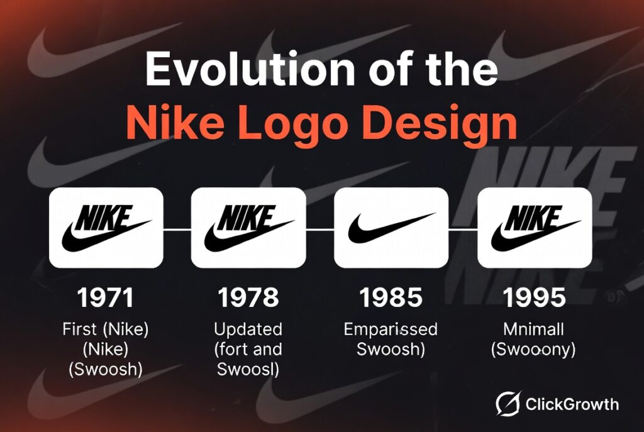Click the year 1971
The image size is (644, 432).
tap(106, 297)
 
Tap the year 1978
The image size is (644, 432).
tap(248, 297)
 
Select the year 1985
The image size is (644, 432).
tap(391, 297)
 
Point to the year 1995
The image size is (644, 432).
tap(534, 297)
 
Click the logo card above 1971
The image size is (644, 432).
tap(106, 228)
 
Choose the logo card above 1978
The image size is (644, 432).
tap(248, 228)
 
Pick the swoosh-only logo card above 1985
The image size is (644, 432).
tap(391, 228)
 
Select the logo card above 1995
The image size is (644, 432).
tap(534, 228)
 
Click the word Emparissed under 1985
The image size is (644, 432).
tap(391, 330)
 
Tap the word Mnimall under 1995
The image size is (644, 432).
tap(534, 330)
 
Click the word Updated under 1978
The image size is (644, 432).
tap(248, 330)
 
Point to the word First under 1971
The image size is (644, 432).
tap(79, 330)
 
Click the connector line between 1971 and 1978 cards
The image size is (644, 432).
tap(177, 230)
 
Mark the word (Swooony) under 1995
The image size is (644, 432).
tap(534, 350)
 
